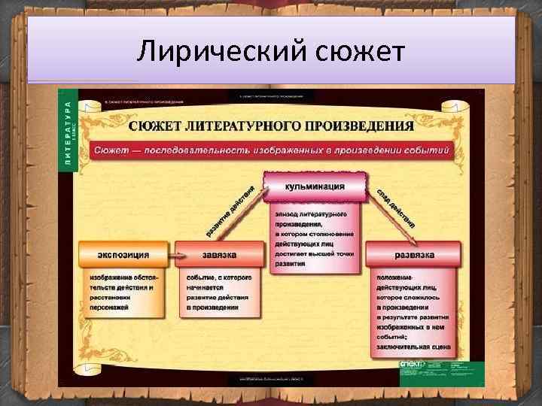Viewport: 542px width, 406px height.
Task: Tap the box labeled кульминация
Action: point(315,186)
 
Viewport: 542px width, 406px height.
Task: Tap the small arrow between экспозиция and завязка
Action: point(172,256)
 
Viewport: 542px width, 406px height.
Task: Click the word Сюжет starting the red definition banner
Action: point(113,150)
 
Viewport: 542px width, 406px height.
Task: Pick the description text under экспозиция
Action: point(123,288)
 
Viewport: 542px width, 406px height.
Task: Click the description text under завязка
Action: point(220,288)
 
